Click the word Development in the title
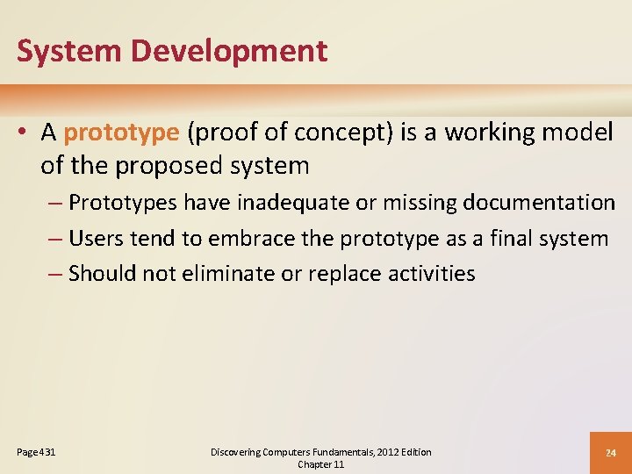tap(230, 51)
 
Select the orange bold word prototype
tap(121, 133)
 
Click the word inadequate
tap(287, 203)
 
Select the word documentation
tap(539, 203)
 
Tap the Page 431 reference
tap(36, 452)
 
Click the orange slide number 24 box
tap(610, 453)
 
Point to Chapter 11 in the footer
tap(320, 464)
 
